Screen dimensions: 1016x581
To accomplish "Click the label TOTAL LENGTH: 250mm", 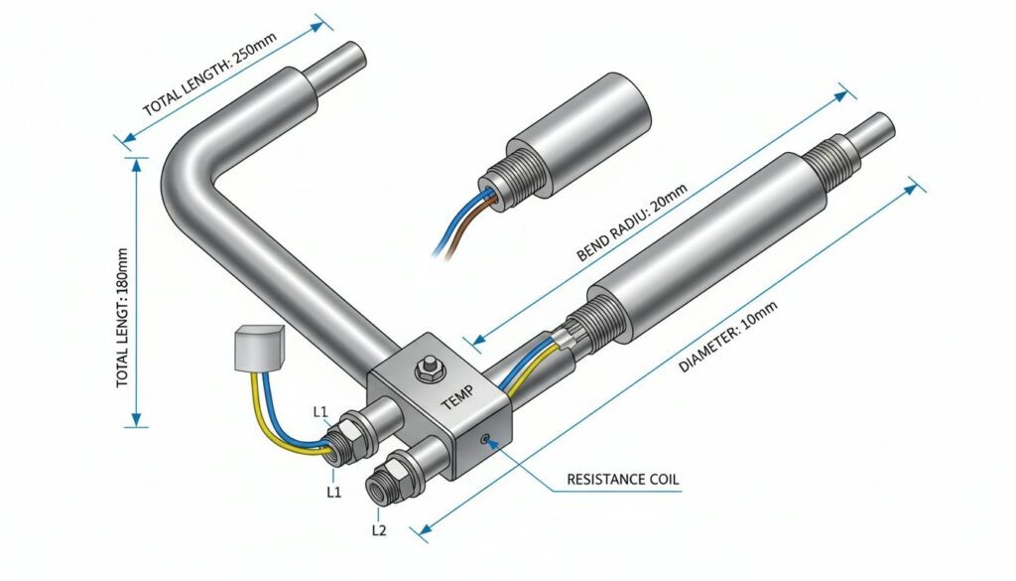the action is point(209,73).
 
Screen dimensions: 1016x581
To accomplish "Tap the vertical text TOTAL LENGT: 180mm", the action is point(122,318).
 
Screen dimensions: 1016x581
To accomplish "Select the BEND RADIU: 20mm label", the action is point(631,221).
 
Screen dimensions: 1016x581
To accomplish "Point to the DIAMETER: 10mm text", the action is point(727,337).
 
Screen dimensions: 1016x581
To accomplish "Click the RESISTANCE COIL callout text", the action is point(623,480).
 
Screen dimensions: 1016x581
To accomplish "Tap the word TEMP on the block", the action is point(458,397).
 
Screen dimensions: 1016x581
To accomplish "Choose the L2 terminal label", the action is point(379,530).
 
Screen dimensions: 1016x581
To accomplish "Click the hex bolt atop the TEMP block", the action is point(429,368).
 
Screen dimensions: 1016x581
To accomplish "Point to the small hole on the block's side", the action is point(485,440).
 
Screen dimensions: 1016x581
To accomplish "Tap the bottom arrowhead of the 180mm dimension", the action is point(136,419).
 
